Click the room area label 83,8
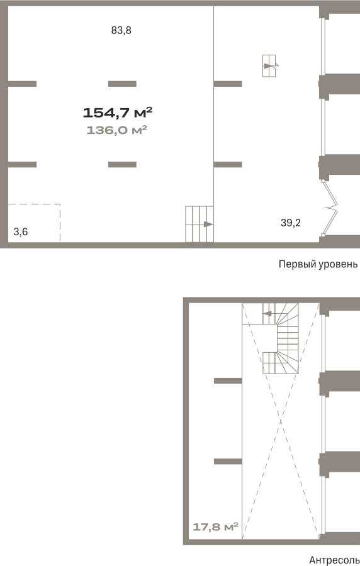pos(121,31)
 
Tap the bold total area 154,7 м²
pos(118,113)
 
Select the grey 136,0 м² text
pos(116,130)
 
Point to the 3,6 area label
pos(21,231)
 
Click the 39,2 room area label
pos(291,223)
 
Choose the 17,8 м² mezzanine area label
pos(215,527)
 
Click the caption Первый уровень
pos(318,264)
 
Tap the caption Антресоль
pos(334,560)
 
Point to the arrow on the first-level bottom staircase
pos(208,224)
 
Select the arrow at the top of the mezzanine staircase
pos(267,313)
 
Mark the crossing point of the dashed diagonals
pos(281,421)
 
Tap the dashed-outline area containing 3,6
pos(60,223)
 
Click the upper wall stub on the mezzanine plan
pos(228,381)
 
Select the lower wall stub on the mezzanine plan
pos(228,462)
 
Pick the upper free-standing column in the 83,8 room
pos(122,84)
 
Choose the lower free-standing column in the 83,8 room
pos(122,165)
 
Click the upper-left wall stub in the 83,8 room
pos(22,84)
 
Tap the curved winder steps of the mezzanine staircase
pos(288,338)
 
